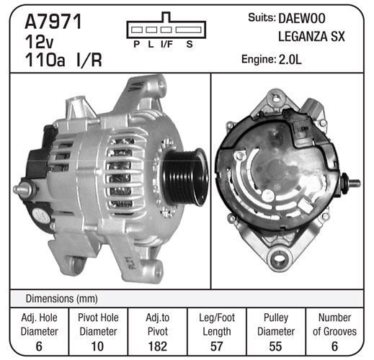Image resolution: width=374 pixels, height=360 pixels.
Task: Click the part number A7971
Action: (53, 22)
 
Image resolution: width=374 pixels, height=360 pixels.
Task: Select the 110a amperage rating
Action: (45, 60)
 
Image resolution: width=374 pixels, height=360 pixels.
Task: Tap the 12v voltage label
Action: (39, 42)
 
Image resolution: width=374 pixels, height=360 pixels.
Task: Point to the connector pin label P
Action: (137, 44)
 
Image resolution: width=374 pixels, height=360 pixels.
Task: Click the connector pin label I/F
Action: (166, 44)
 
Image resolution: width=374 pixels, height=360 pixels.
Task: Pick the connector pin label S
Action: (190, 44)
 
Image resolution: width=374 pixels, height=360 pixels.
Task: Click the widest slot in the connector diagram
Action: (188, 30)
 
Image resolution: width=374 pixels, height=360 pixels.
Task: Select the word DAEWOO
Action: (302, 18)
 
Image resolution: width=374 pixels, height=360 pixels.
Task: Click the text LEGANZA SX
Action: (311, 37)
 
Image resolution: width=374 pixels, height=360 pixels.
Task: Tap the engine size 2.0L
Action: (290, 59)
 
